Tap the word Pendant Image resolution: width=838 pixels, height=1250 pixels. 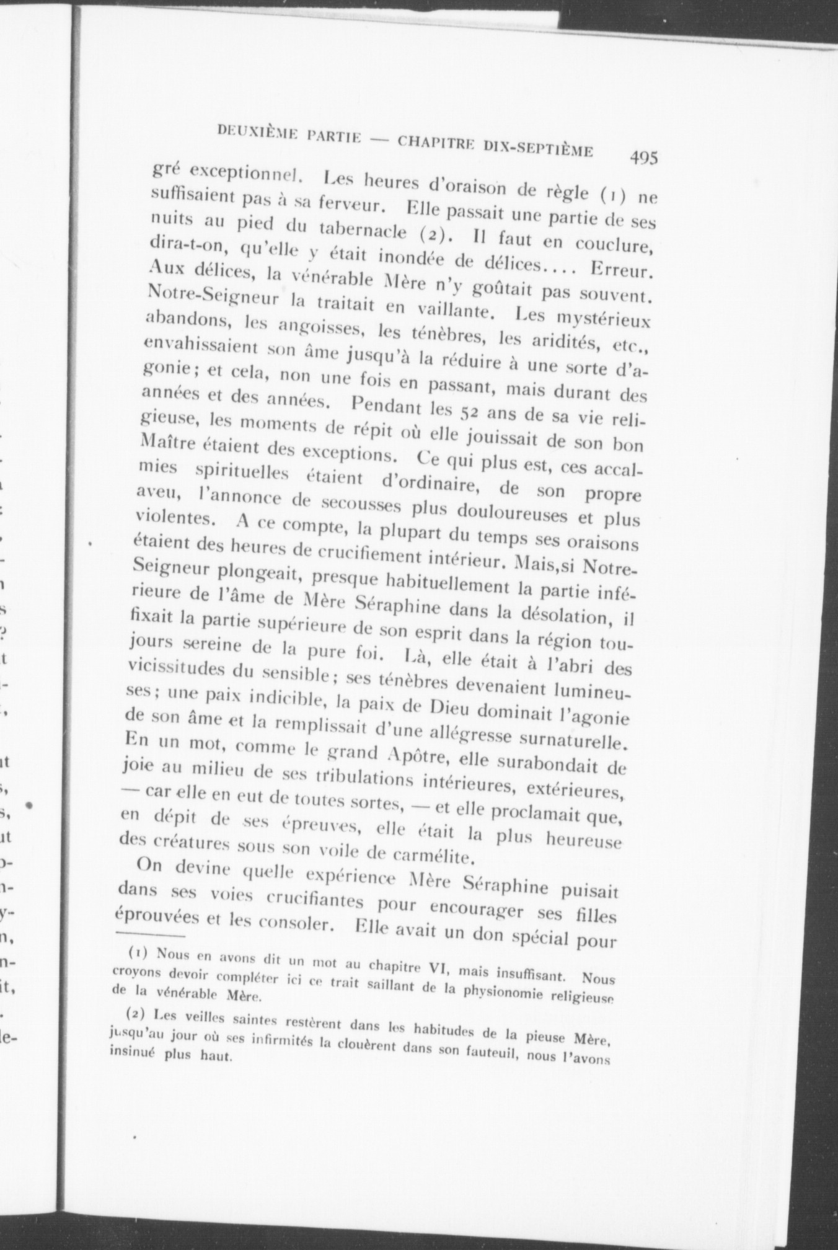pyautogui.click(x=387, y=407)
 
